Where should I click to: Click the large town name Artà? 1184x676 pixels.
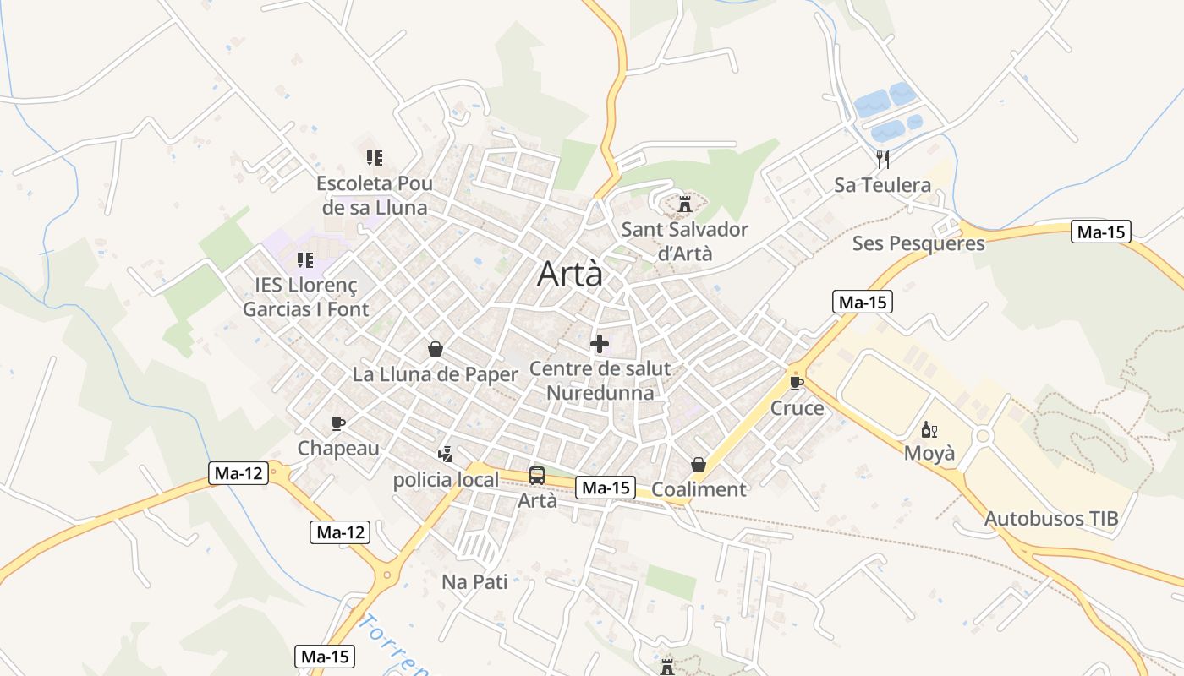[571, 273]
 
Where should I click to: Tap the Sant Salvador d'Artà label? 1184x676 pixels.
[684, 241]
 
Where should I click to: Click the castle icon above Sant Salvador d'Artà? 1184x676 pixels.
[684, 204]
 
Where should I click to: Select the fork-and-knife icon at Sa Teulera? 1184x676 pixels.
[883, 158]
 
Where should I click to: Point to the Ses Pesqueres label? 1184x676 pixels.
[918, 243]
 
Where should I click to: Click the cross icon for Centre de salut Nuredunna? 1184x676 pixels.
[600, 343]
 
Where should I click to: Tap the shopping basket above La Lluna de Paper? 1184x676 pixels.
[435, 348]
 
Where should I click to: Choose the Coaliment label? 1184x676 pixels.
[699, 489]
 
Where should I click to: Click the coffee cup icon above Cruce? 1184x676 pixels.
[796, 382]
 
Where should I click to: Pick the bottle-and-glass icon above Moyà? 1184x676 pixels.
[929, 429]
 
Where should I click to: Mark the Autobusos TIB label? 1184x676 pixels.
[1051, 518]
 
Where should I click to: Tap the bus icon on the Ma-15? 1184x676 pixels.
[537, 475]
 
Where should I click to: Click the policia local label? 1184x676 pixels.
[446, 480]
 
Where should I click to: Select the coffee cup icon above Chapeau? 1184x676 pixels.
[338, 422]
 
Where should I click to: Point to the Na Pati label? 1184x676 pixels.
[474, 581]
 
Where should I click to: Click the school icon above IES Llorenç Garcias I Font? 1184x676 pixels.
[305, 259]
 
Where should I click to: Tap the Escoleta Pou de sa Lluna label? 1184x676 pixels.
[375, 195]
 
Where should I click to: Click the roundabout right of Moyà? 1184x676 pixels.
[982, 437]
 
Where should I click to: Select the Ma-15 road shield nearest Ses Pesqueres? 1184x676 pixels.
[1100, 232]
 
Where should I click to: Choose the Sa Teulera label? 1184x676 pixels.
[882, 184]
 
